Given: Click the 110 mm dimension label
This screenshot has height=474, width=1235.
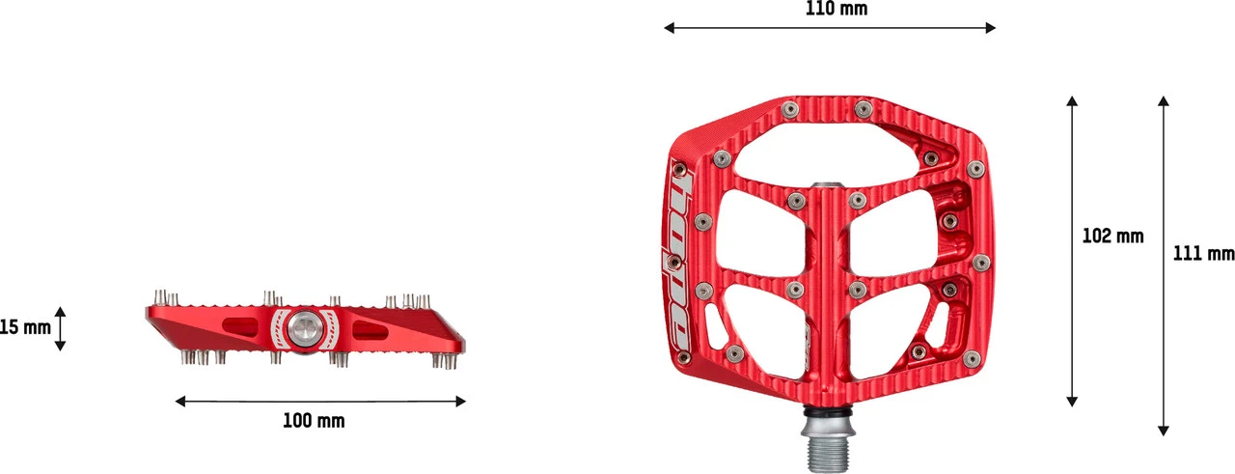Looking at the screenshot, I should click(836, 9).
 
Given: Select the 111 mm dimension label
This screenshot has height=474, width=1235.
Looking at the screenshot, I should click(1203, 253).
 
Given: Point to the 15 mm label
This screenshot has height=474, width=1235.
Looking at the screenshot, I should click(25, 328).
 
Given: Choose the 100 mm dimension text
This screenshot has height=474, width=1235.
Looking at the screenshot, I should click(314, 421).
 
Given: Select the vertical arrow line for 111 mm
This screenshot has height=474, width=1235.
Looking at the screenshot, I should click(1165, 338).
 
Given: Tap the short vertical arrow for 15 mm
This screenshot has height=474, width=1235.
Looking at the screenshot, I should click(61, 328).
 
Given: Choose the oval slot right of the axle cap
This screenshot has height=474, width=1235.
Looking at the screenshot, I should click(371, 331).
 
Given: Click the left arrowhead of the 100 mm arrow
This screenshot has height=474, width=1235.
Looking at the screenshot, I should click(179, 401).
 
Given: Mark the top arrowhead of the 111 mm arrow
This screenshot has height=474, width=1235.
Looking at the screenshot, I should click(1165, 99).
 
